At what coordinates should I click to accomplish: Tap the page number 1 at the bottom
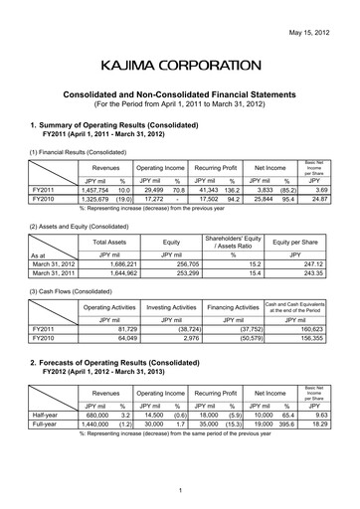(180, 492)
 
